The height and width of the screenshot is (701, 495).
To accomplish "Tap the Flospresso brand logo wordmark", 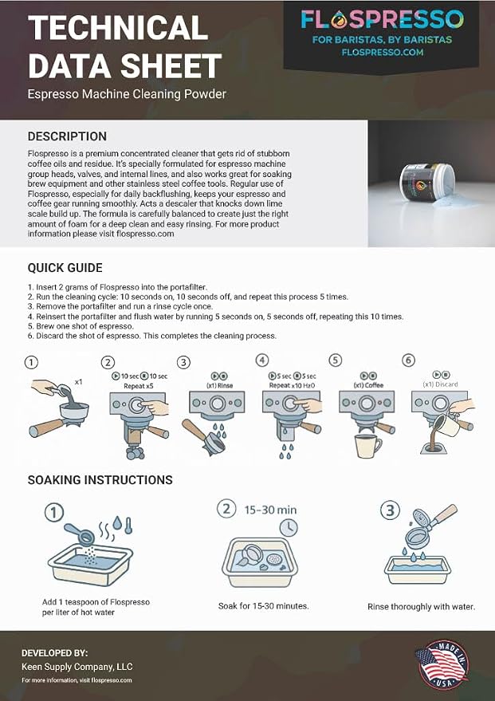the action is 382,20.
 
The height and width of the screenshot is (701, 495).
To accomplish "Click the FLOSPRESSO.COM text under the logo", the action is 382,52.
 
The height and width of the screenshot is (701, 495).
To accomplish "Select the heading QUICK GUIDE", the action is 65,268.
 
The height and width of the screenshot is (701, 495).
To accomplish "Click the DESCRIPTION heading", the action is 67,136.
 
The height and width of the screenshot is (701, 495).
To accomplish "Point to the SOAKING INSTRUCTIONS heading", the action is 100,480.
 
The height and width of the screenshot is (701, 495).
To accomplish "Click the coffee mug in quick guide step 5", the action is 368,446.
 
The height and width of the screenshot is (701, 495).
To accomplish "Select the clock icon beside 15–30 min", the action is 289,527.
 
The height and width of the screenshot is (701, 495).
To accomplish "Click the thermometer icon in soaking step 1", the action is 128,525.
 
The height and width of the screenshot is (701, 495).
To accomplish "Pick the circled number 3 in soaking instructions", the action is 390,510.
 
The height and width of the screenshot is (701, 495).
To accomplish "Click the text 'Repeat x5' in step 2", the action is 139,386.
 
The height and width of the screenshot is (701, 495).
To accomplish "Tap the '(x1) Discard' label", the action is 440,384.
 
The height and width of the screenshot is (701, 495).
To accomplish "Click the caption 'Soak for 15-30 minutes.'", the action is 264,606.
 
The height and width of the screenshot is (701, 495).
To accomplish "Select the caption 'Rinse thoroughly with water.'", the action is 422,607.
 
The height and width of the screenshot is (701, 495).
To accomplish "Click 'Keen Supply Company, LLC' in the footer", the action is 77,667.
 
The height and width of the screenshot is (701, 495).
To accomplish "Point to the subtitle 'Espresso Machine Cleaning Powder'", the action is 127,94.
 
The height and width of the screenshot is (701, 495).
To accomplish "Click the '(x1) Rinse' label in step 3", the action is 219,385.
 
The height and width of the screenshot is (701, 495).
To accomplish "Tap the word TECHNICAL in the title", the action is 118,27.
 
